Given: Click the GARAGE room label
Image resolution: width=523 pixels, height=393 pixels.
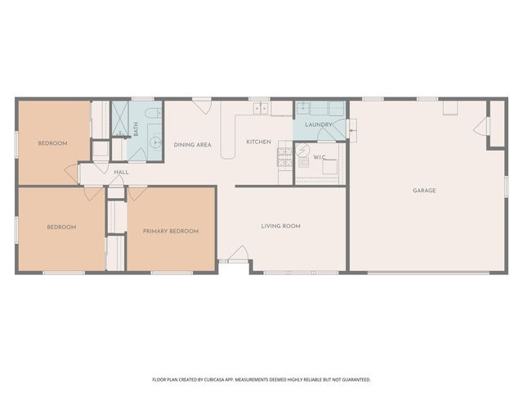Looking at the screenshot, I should [423, 191].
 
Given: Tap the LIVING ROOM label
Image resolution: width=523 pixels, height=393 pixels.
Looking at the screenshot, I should [280, 226].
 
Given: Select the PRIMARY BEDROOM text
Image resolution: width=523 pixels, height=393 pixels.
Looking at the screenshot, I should [171, 231].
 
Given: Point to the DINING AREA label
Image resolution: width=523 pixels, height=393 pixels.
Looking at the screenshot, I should [192, 145].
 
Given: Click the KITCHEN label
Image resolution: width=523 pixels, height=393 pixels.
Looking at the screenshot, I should [258, 142].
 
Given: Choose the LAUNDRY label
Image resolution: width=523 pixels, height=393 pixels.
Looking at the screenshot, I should [319, 125].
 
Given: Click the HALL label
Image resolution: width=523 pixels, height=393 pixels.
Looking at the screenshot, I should [121, 172].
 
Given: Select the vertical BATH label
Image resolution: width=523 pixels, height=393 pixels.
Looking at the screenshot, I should [136, 129].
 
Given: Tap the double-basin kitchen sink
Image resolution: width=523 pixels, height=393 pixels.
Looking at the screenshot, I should [261, 108].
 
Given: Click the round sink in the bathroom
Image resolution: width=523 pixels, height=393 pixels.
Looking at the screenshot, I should [153, 141].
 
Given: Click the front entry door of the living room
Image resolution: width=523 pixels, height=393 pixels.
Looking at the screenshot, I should [239, 255].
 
